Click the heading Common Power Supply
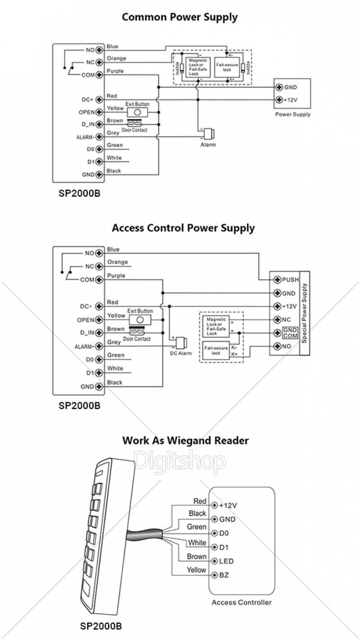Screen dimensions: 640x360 pyautogui.click(x=180, y=18)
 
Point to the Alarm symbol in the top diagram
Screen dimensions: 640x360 pyautogui.click(x=209, y=134)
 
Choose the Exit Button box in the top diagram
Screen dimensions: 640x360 pyautogui.click(x=137, y=112)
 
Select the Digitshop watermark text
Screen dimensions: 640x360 pyautogui.click(x=180, y=460)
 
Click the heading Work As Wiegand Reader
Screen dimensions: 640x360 pyautogui.click(x=185, y=440)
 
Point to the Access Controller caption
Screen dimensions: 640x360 pyautogui.click(x=242, y=602)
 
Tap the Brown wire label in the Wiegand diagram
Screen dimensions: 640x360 pyautogui.click(x=197, y=557)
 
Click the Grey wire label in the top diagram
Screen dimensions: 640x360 pyautogui.click(x=113, y=133)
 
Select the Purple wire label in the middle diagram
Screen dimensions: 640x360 pyautogui.click(x=116, y=275)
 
